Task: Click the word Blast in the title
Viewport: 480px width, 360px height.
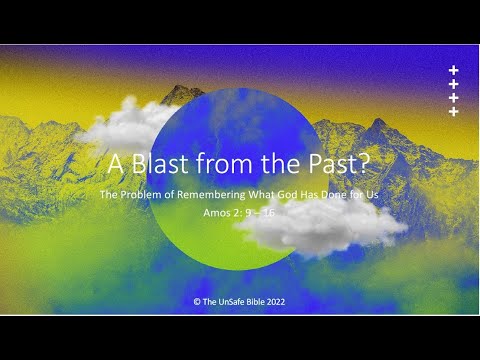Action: tap(160, 163)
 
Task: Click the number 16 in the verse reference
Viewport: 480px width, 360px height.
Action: tap(268, 212)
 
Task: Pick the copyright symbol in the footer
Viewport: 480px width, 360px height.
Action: tap(197, 302)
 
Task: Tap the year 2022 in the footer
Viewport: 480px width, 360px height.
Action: tap(275, 302)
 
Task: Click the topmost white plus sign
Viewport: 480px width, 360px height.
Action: tap(453, 70)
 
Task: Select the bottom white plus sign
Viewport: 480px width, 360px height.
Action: tap(453, 111)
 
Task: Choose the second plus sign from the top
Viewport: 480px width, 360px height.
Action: tap(453, 84)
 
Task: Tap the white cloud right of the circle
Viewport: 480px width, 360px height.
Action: tap(322, 227)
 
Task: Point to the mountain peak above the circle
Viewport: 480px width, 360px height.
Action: tap(181, 88)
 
